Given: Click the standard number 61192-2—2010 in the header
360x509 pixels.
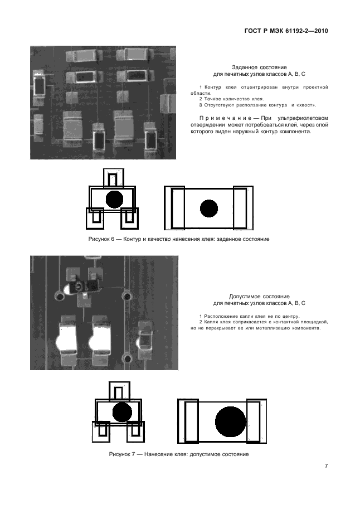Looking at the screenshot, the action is tap(307, 31).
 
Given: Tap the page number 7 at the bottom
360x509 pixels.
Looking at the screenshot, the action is tap(326, 466).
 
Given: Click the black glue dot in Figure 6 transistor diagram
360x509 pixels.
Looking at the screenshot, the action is tap(115, 200).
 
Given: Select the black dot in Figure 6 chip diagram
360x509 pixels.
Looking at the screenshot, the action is tap(209, 209).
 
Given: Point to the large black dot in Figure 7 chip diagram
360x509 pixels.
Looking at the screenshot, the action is tap(231, 421).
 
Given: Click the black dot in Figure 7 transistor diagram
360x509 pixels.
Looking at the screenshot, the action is tap(122, 412).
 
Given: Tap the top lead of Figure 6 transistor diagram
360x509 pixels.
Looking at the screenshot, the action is tap(114, 178).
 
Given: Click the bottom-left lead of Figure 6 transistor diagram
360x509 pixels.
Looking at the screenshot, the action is tap(95, 219).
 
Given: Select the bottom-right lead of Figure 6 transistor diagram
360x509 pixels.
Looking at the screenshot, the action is tap(129, 219).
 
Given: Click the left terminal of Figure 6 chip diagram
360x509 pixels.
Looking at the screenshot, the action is tap(174, 208).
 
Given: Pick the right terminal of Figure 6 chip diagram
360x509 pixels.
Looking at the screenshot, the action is tap(243, 208).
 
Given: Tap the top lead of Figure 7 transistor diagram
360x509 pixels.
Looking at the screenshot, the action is tap(119, 391).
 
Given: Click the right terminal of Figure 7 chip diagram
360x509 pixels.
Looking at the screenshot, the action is tap(256, 421).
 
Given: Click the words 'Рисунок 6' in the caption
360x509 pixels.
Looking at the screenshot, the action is tap(101, 239).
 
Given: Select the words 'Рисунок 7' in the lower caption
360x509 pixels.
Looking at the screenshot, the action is tap(122, 454).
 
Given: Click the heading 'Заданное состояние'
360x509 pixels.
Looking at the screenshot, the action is tap(259, 67).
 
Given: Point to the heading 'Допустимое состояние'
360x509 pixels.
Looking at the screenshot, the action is tap(259, 297).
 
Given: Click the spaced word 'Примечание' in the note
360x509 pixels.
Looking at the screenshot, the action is tap(225, 118).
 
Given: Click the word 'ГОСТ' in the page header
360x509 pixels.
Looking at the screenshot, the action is tap(252, 31).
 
